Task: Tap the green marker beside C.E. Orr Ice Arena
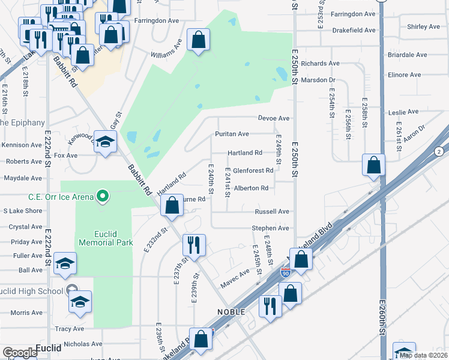(103, 196)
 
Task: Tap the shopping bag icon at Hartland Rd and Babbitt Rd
(172, 205)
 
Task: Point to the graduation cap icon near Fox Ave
(105, 143)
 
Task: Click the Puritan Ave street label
(232, 134)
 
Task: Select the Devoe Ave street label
(274, 119)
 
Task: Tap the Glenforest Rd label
(253, 170)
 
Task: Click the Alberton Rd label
(251, 188)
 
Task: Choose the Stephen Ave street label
(270, 228)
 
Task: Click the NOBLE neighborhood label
(231, 312)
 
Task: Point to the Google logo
(19, 353)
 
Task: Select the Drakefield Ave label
(354, 30)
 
